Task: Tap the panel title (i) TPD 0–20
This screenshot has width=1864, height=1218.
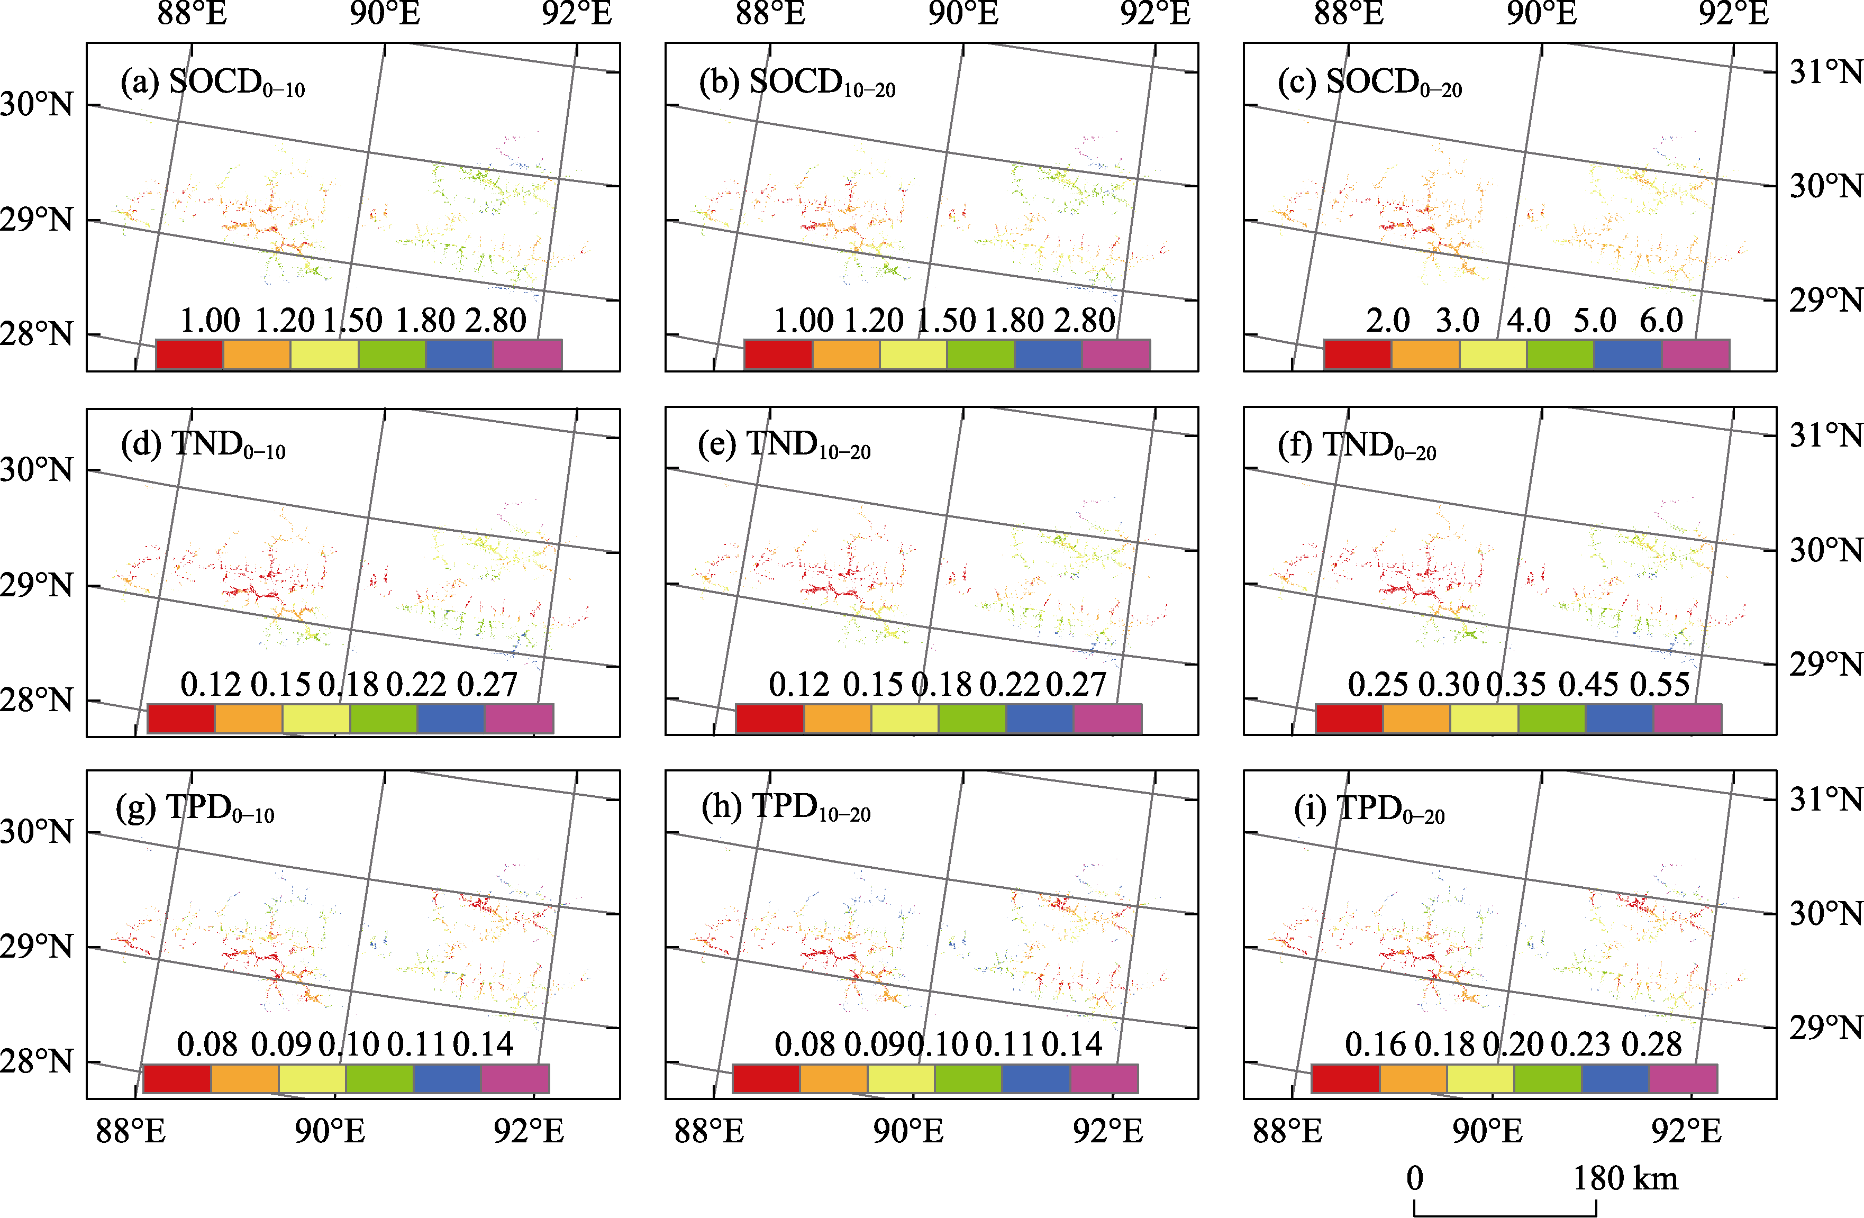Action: click(x=1369, y=809)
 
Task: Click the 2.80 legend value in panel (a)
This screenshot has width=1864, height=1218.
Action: click(x=496, y=320)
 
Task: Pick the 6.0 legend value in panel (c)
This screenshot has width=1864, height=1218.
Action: click(x=1661, y=320)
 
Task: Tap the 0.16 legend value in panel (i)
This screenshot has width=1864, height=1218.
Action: click(x=1375, y=1045)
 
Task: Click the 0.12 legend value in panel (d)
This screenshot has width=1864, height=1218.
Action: click(x=211, y=685)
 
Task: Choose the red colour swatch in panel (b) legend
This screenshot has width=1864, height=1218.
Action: click(x=778, y=354)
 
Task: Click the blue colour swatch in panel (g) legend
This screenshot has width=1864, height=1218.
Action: click(x=447, y=1078)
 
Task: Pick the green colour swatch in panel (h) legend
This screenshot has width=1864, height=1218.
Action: click(x=968, y=1078)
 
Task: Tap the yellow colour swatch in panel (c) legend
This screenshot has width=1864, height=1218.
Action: click(x=1493, y=354)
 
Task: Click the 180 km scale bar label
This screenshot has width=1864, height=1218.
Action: click(x=1626, y=1179)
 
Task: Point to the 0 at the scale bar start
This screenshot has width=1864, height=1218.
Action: click(x=1414, y=1179)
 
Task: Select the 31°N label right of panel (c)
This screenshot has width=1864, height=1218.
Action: click(x=1825, y=72)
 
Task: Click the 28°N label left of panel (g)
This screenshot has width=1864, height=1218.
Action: click(x=36, y=1062)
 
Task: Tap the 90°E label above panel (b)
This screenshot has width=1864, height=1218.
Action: click(x=963, y=14)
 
